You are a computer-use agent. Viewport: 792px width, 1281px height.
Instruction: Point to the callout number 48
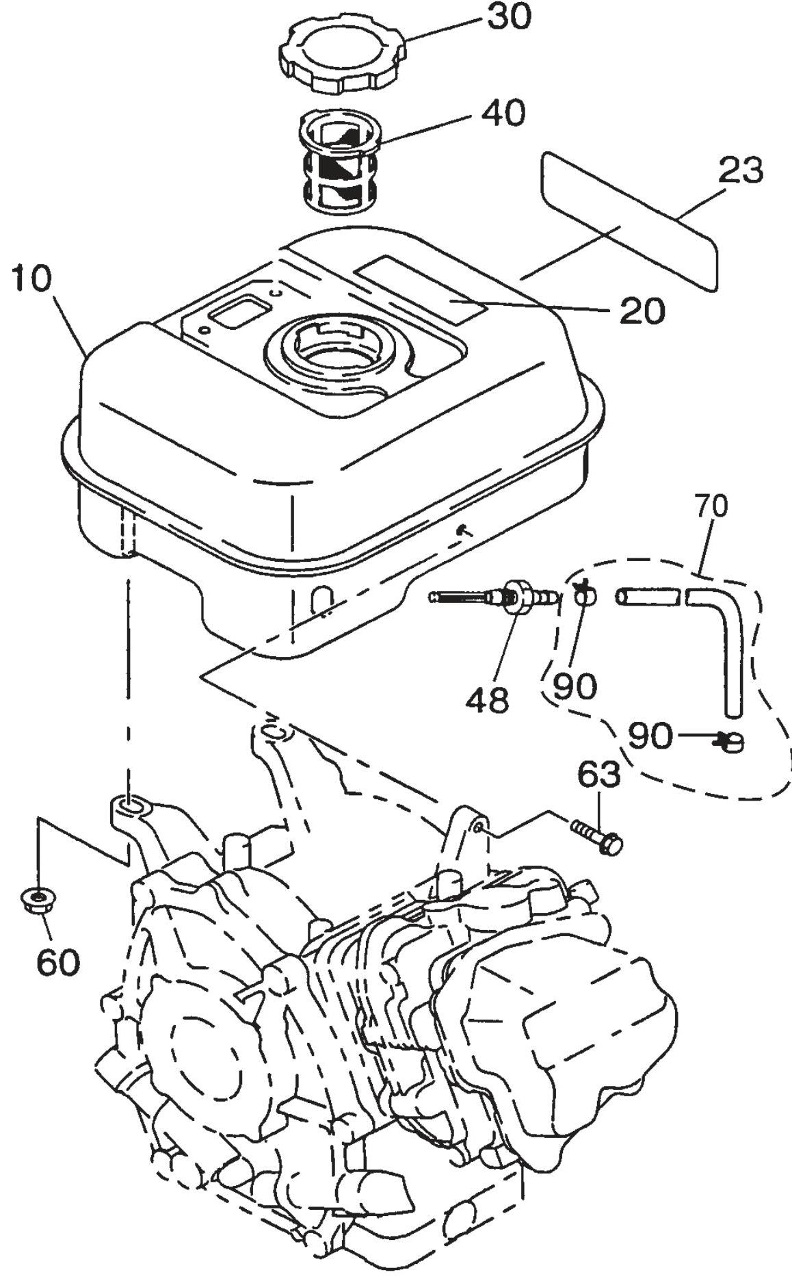[488, 699]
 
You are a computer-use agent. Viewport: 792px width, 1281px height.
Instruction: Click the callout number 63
[598, 775]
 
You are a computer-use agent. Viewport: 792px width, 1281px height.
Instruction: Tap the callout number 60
[57, 961]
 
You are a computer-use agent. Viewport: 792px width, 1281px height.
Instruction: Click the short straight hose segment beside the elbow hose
[646, 596]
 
